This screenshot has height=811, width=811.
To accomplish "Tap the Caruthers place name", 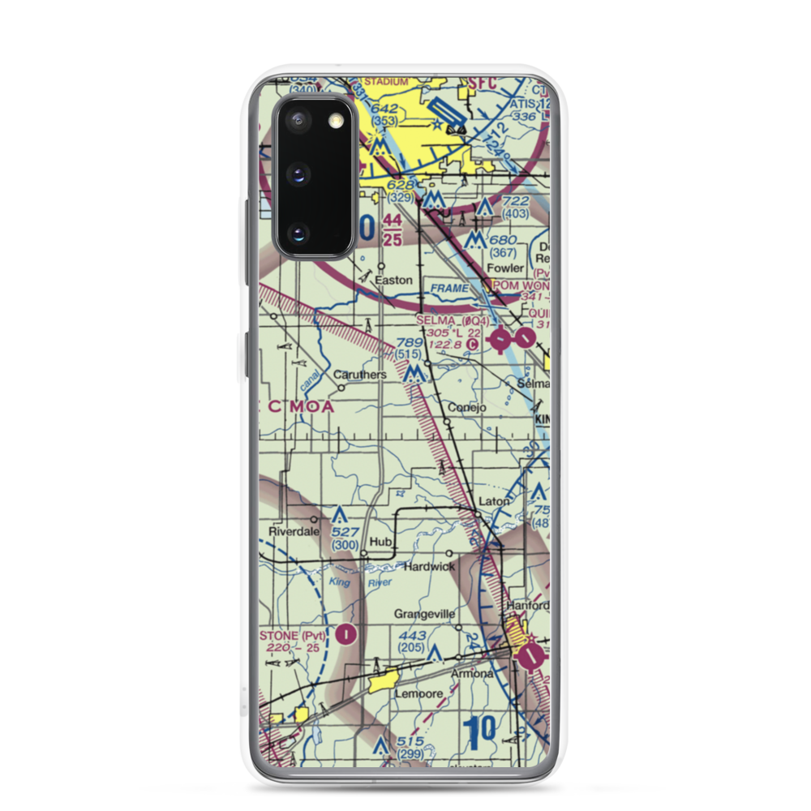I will pos(359,375).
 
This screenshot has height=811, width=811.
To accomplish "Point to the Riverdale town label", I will pos(292,532).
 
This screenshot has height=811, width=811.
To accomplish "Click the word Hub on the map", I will pos(380,541).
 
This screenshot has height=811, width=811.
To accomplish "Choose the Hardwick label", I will pos(430,566).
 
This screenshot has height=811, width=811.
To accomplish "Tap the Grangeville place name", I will pos(424,614).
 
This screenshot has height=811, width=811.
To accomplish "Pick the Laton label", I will pos(493,501).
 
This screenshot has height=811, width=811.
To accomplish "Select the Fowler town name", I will pos(505,268).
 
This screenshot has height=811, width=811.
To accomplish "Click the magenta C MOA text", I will pos(299,407).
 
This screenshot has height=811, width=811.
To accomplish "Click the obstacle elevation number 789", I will pos(410,344).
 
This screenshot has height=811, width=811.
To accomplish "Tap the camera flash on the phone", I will pos(336,121).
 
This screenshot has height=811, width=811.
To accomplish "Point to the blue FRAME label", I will pos(449,288).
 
